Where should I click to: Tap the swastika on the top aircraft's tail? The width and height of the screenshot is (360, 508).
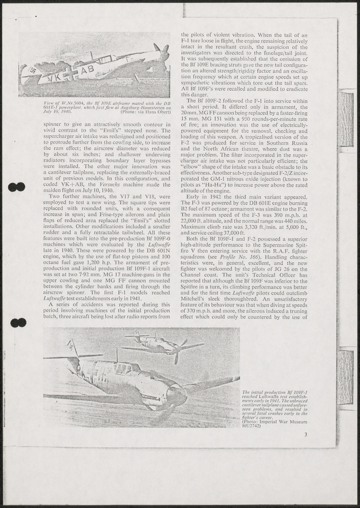(x=32, y=71)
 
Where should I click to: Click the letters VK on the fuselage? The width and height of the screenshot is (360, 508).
(x=56, y=78)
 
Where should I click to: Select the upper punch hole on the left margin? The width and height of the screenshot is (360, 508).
(x=17, y=187)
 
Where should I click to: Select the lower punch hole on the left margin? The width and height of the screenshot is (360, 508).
(x=18, y=322)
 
